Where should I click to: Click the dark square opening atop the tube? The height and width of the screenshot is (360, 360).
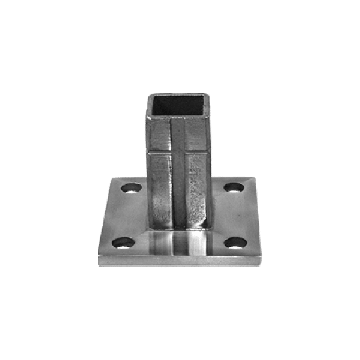tap(180, 103)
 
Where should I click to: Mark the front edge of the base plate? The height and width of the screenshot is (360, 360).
tap(180, 262)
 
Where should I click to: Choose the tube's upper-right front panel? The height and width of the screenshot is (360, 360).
tap(200, 132)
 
